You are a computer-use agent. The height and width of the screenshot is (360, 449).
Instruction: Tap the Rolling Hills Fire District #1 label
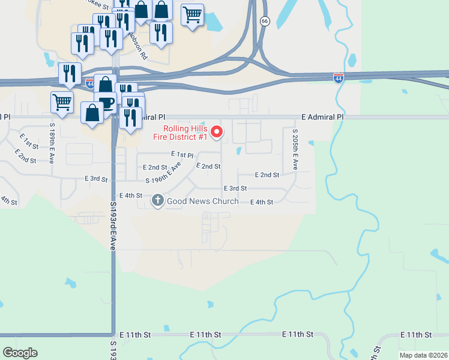(186, 133)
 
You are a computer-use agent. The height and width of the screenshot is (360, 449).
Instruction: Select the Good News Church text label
(202, 201)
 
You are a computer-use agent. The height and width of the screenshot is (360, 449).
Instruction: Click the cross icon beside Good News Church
(158, 200)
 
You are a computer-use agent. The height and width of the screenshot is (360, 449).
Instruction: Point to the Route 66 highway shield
(265, 21)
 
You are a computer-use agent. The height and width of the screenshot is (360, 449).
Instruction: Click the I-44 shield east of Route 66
(339, 77)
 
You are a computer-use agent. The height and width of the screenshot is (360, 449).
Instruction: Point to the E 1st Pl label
(182, 155)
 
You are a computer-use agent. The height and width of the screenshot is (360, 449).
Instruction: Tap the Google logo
(20, 353)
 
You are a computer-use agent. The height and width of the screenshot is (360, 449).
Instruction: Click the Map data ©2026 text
(423, 355)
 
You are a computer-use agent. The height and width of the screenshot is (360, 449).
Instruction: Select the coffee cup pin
(106, 103)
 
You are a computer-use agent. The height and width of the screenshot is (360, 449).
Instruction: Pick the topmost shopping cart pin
(192, 14)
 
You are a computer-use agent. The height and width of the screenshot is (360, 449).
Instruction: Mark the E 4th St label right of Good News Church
(261, 202)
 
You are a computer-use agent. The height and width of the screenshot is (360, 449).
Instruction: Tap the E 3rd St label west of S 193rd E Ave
(96, 179)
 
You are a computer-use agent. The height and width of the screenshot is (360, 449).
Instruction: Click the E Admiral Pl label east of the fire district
(322, 117)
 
